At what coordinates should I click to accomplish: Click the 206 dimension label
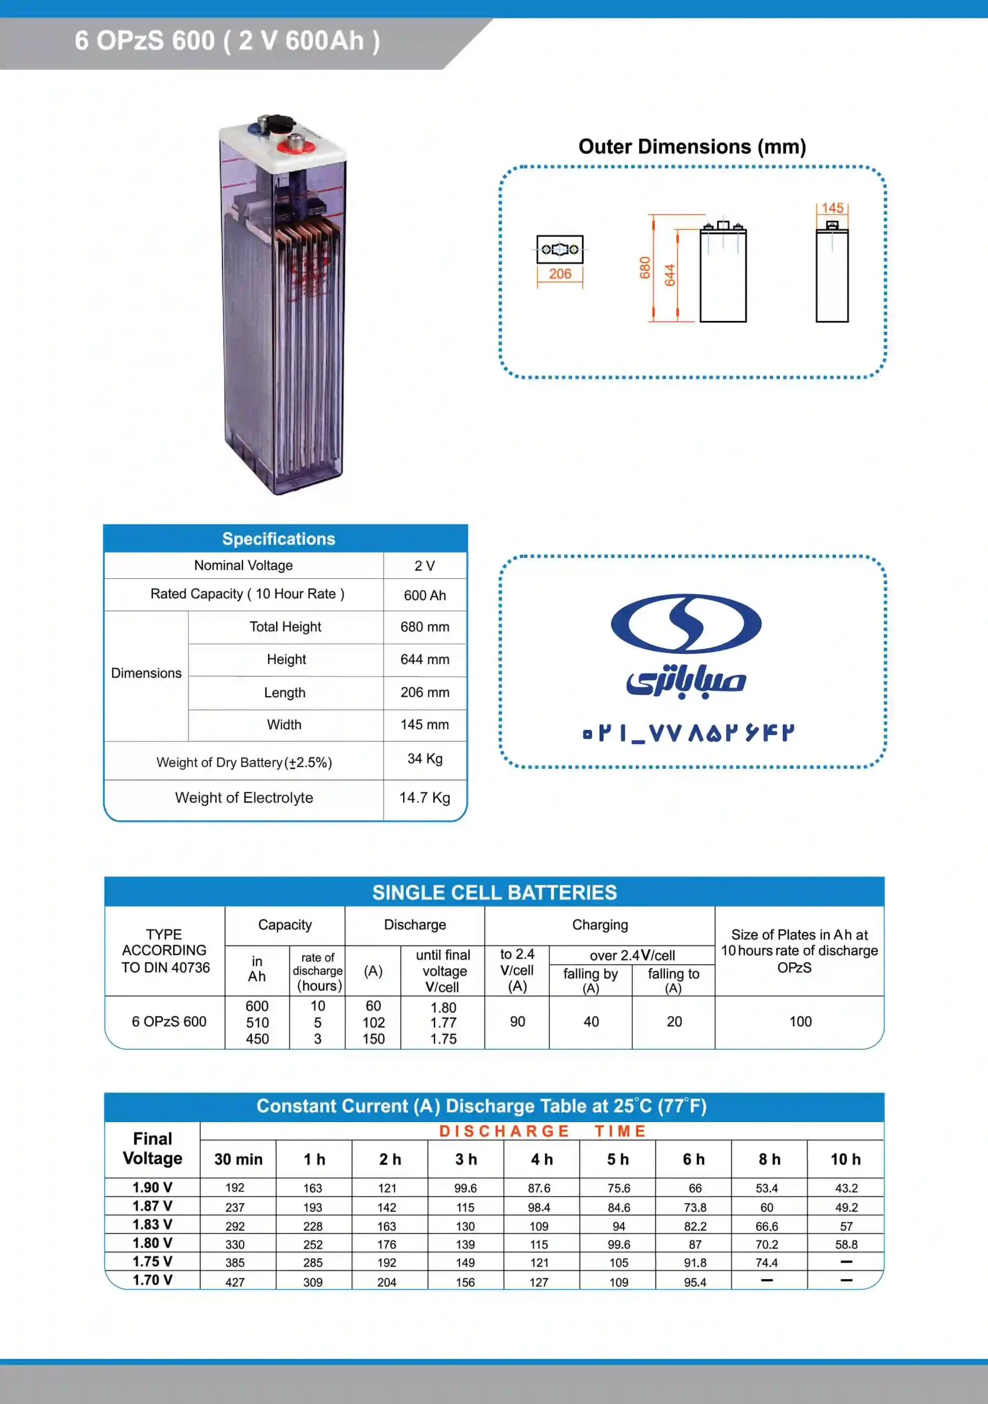[560, 274]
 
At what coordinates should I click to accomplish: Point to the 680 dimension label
[645, 268]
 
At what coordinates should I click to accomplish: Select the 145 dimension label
[832, 208]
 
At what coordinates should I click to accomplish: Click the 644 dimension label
[670, 275]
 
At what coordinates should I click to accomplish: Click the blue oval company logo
[686, 623]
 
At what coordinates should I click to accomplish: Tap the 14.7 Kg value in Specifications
[425, 798]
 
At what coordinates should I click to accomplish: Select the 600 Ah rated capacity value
[425, 596]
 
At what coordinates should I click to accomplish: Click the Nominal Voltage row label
[244, 565]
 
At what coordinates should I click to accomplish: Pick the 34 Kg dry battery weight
[425, 759]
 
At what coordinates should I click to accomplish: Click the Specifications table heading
[279, 539]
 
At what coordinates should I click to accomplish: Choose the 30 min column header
[238, 1159]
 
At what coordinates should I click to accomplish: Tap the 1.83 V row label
[153, 1224]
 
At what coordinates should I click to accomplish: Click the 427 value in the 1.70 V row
[235, 1282]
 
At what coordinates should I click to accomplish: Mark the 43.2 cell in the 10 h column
[846, 1188]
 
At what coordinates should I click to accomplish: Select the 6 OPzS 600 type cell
[169, 1022]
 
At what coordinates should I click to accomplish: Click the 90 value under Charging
[517, 1022]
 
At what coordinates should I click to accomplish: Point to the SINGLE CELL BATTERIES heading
[494, 893]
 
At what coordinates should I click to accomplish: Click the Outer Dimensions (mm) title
[692, 147]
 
